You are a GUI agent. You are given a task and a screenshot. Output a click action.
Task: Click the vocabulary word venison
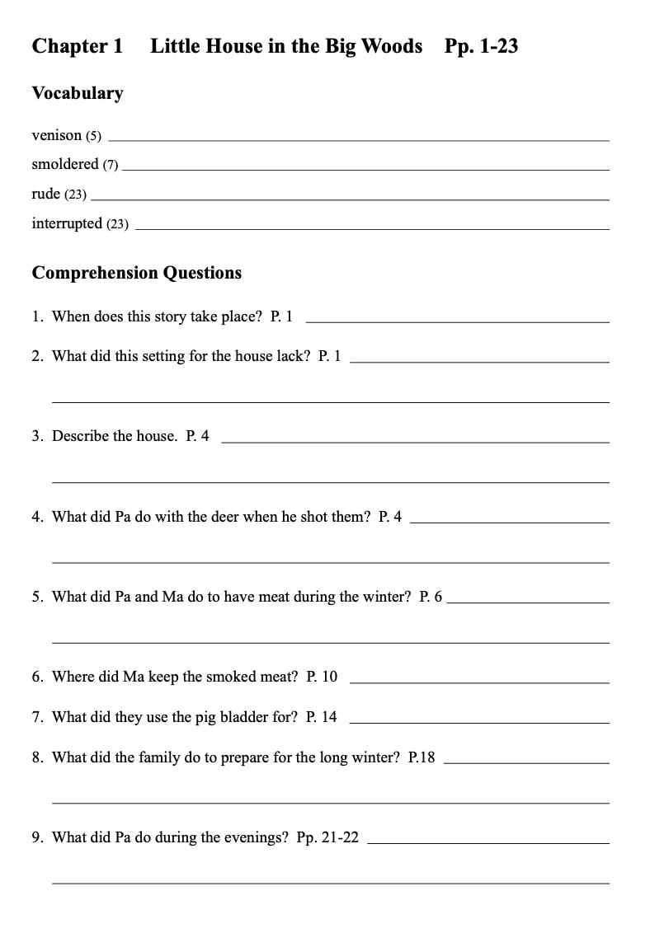click(56, 135)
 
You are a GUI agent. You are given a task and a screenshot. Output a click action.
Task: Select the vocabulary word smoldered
click(64, 165)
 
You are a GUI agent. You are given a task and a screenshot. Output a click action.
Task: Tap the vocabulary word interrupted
click(67, 223)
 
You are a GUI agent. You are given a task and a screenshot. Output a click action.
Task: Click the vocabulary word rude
click(45, 194)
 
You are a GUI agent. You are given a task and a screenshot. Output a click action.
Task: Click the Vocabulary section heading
click(78, 93)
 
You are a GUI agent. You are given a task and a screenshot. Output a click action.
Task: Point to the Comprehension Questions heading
click(136, 273)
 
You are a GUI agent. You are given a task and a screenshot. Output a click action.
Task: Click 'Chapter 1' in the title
click(77, 46)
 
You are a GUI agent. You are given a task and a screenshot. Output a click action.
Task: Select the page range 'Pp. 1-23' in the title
click(481, 46)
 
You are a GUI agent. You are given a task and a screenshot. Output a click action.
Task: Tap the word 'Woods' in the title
click(392, 46)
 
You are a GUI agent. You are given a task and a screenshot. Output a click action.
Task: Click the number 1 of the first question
click(37, 316)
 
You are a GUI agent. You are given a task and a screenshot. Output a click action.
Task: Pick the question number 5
click(37, 597)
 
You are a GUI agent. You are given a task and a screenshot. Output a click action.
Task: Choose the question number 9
click(37, 837)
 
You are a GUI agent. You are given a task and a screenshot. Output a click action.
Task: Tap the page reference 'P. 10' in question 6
click(322, 677)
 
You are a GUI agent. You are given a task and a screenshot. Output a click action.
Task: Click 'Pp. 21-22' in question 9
click(327, 837)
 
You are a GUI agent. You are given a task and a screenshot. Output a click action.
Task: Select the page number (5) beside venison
click(93, 136)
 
